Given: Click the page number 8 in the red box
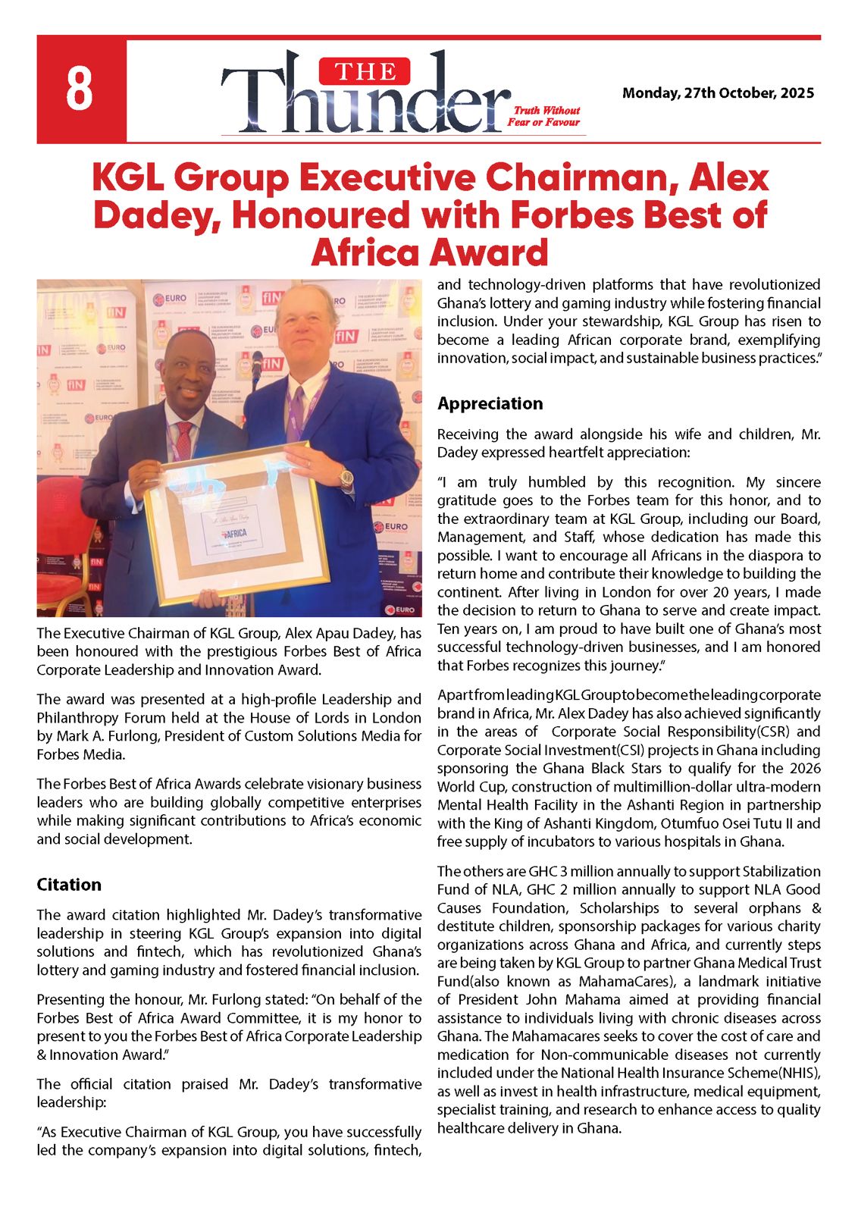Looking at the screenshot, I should [80, 90].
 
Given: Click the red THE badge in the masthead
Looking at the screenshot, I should [365, 72].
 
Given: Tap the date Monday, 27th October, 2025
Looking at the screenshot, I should [718, 93].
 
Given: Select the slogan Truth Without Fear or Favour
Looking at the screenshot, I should [543, 116].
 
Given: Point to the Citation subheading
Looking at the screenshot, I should [69, 885].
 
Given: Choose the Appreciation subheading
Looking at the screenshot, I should [490, 403].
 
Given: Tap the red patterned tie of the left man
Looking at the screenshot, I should [184, 440].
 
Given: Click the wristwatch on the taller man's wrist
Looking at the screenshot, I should [346, 478].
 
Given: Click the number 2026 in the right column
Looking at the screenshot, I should [804, 769].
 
